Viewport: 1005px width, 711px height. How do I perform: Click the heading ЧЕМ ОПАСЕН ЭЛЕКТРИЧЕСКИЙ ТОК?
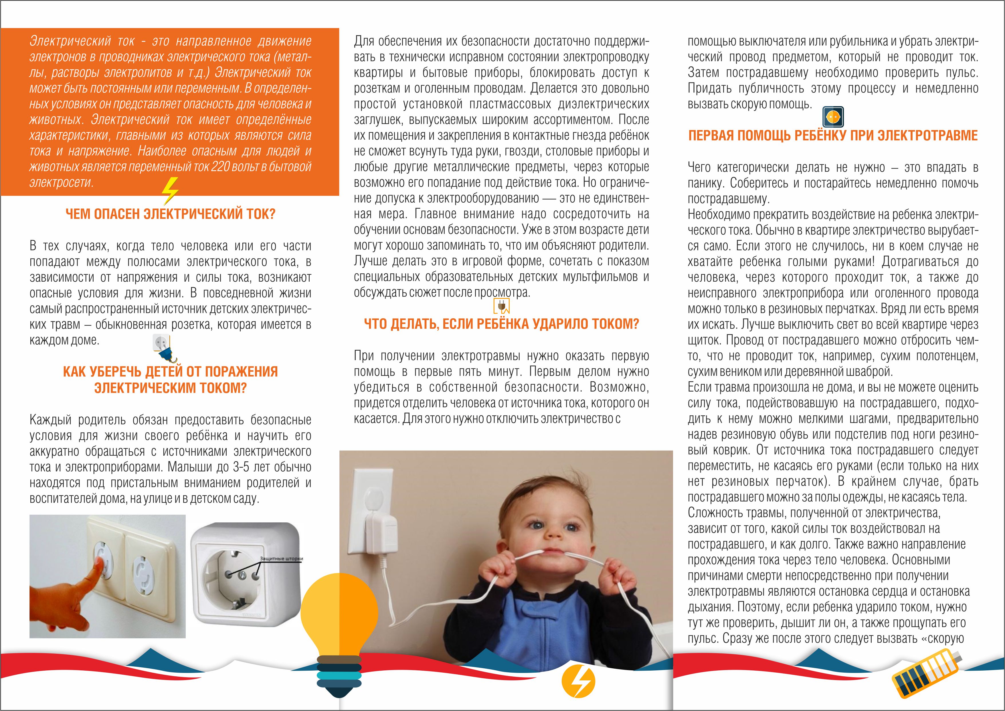(170, 214)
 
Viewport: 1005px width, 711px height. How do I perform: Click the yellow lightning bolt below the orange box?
(170, 191)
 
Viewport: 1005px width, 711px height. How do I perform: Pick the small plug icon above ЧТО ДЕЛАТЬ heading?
(501, 306)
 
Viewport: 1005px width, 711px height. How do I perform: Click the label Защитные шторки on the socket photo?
(282, 559)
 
